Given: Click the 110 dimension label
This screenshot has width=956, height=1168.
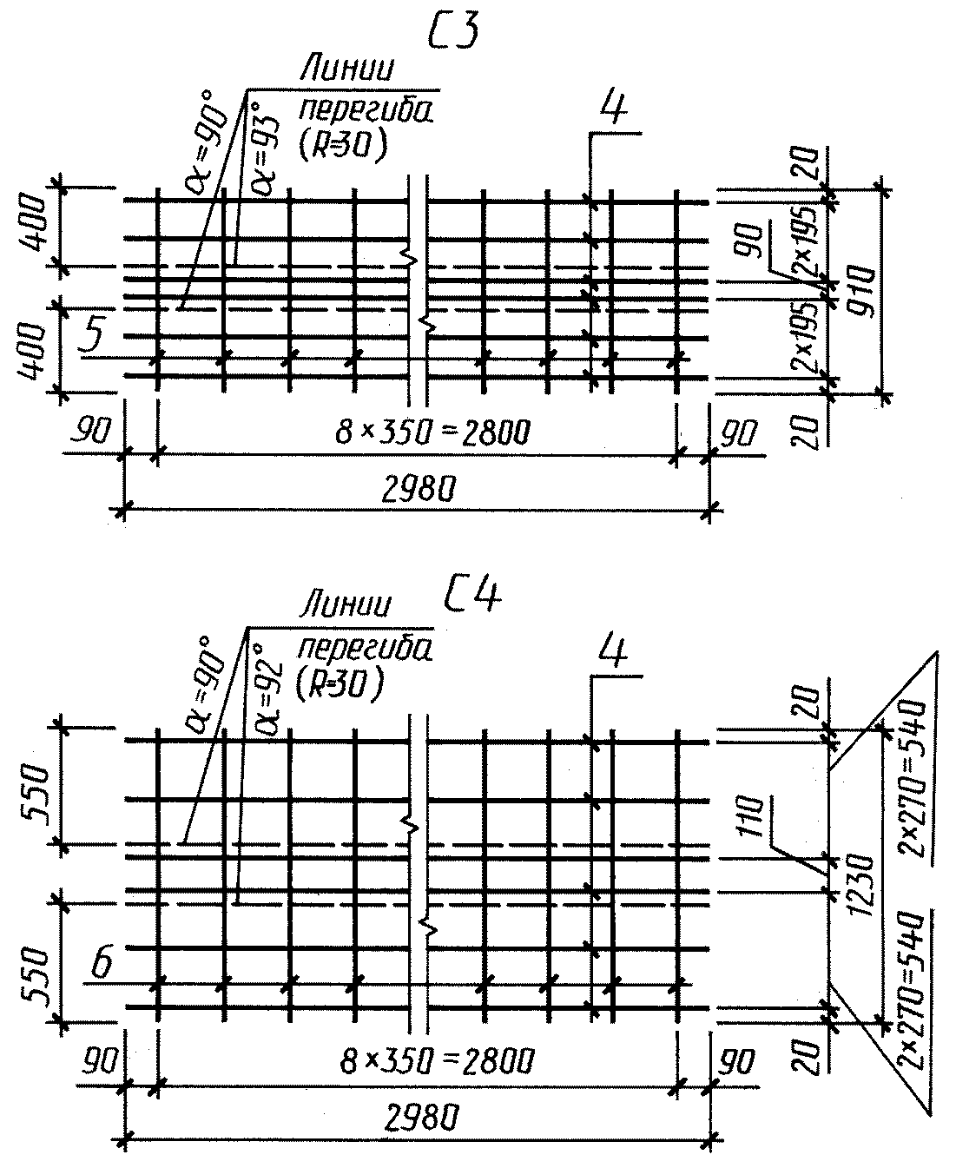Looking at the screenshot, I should [x=752, y=816].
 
